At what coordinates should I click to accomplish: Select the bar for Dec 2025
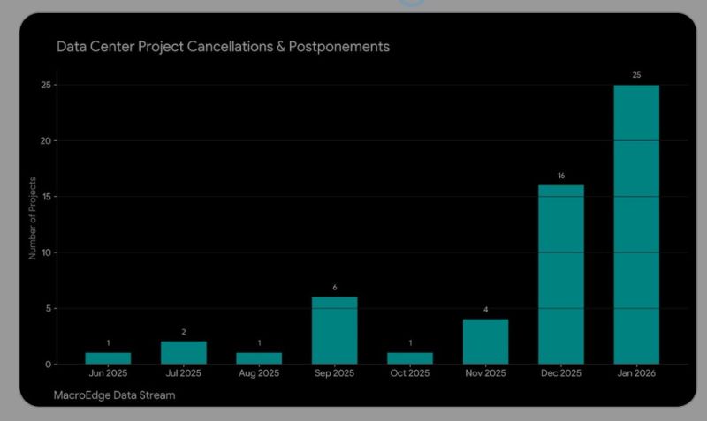tap(561, 274)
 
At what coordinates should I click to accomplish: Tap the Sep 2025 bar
tap(334, 330)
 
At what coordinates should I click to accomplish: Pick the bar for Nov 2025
tap(485, 342)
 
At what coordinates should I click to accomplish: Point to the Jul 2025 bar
tap(183, 352)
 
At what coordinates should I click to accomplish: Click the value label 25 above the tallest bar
tap(636, 76)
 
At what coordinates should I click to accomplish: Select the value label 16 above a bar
tap(561, 177)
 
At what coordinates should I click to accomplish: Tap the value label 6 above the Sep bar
tap(334, 288)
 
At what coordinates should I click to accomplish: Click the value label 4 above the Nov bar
tap(485, 310)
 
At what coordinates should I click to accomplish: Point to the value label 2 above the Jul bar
tap(183, 332)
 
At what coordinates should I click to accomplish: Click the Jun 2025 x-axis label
tap(108, 373)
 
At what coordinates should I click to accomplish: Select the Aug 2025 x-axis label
tap(259, 373)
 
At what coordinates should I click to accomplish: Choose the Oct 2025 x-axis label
tap(410, 373)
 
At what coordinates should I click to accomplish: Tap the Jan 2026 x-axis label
tap(636, 373)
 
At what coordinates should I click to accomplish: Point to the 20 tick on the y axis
tap(47, 140)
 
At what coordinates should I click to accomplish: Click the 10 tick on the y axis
tap(47, 252)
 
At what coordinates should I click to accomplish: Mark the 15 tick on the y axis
tap(47, 196)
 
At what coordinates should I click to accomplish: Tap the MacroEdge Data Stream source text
tap(114, 395)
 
